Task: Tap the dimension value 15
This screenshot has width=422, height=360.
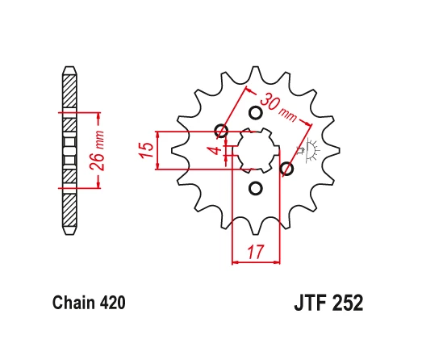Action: (146, 150)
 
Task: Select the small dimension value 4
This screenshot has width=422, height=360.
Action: (214, 150)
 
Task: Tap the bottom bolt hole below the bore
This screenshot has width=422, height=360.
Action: (256, 189)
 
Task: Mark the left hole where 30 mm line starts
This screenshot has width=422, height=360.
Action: (220, 132)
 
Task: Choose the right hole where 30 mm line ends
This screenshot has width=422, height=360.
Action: (286, 169)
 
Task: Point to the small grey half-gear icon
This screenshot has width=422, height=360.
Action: (310, 150)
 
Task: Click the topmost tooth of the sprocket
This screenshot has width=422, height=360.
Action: (256, 73)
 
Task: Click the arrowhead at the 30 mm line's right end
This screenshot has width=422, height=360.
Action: (310, 123)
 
